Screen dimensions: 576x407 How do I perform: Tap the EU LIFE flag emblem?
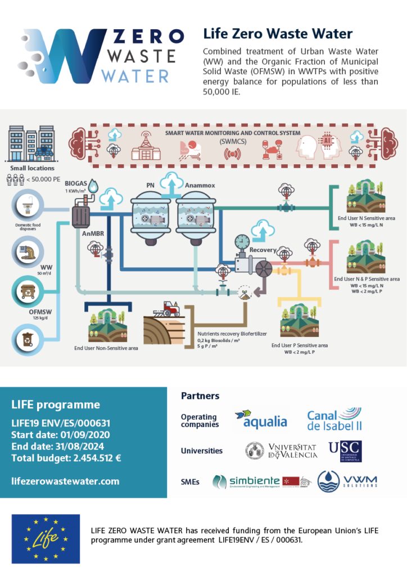46,538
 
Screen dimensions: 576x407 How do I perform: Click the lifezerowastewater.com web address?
65,481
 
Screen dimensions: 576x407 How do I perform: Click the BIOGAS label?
76,183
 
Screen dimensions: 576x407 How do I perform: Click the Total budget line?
66,458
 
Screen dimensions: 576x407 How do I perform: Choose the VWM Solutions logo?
347,481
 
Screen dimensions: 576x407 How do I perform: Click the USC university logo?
345,451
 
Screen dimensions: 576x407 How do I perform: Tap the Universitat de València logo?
282,451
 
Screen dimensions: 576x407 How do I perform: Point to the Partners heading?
200,396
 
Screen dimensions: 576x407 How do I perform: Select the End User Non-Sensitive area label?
106,348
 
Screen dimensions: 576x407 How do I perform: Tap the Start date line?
60,435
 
